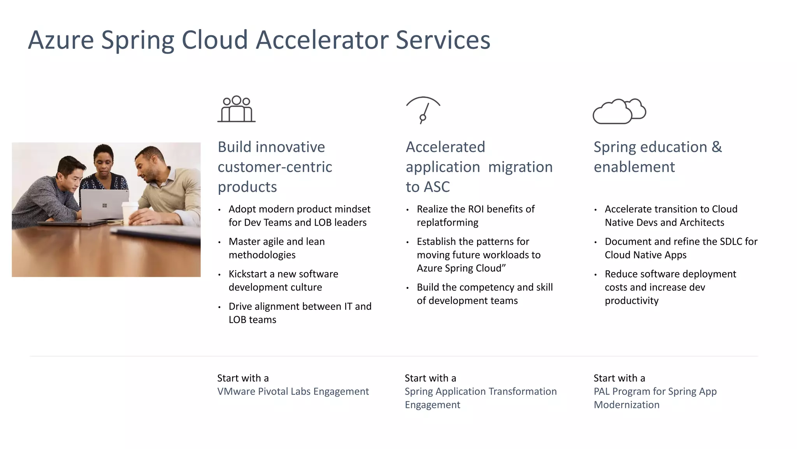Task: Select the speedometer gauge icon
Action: point(423,110)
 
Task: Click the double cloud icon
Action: point(619,111)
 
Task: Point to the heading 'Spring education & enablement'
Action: point(657,157)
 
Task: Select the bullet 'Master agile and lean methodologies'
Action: point(276,248)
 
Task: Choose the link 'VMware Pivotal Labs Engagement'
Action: point(293,391)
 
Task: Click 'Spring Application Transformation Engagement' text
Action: point(480,398)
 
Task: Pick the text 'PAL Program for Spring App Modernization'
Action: point(655,398)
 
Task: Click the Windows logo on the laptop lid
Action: point(104,205)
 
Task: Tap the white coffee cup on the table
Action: point(129,212)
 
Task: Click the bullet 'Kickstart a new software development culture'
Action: point(283,281)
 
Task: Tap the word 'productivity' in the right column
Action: point(631,301)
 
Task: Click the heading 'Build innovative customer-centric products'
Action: point(275,167)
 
